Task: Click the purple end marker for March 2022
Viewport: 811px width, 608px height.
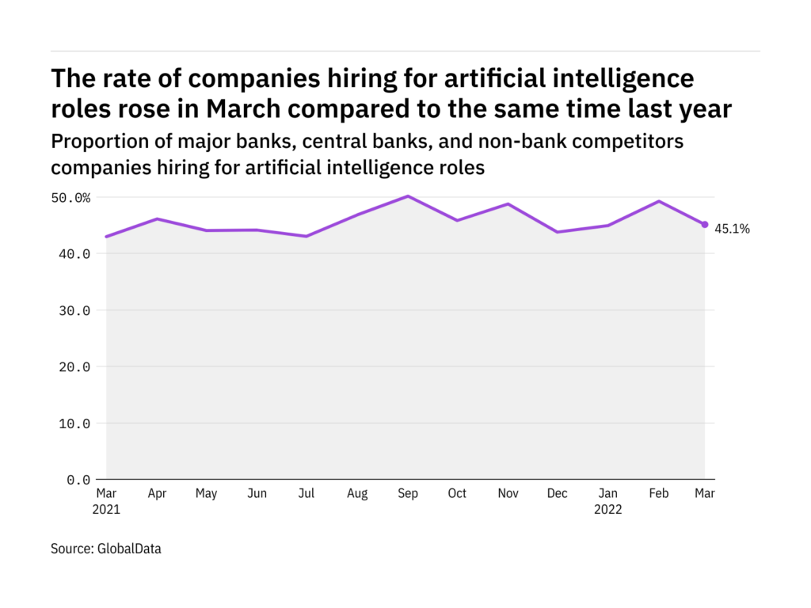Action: pos(705,225)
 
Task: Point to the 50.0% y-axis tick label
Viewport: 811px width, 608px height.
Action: pos(68,197)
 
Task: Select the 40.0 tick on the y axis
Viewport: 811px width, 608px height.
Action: pos(74,254)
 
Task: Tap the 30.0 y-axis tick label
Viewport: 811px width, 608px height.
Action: pos(74,310)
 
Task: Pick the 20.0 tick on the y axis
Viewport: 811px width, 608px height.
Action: pos(74,367)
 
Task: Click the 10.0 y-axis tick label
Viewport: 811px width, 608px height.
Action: pos(74,424)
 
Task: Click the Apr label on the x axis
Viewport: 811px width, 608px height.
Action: pos(157,494)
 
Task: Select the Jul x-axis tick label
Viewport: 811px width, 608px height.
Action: pos(307,494)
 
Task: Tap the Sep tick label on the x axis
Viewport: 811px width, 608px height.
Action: pos(407,494)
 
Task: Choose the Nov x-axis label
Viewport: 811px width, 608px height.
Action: pos(508,494)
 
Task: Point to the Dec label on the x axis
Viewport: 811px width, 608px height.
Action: pos(558,494)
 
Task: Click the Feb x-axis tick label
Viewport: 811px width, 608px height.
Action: pos(658,494)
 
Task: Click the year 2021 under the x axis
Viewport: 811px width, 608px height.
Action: pos(106,510)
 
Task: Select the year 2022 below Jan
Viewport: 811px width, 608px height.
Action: pos(608,510)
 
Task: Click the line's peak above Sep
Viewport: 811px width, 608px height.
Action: pos(407,196)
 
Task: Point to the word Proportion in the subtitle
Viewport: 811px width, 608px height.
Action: pos(97,142)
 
